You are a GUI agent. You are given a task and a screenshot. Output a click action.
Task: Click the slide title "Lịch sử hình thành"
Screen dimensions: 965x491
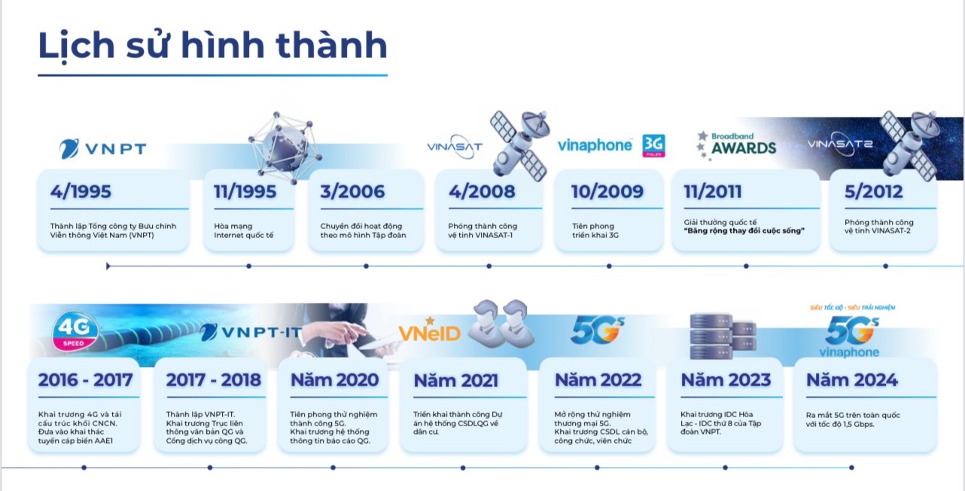[212, 46]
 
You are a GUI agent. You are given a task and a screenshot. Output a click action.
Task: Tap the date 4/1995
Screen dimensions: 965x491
[81, 191]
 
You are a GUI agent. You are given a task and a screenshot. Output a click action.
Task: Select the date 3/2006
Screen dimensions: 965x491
[352, 191]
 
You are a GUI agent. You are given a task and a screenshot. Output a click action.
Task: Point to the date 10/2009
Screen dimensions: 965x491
[607, 191]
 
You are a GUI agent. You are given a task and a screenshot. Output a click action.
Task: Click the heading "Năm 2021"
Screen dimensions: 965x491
[456, 380]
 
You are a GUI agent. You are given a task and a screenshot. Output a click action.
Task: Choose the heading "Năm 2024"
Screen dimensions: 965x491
[851, 380]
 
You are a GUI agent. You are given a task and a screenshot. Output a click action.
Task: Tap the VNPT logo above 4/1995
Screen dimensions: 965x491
[102, 148]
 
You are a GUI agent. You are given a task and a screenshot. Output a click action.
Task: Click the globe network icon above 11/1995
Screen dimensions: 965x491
[285, 147]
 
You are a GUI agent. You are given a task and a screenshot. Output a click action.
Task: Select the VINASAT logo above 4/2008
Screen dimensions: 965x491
[455, 148]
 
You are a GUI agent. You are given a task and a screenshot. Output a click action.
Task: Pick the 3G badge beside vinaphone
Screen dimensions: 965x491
[653, 145]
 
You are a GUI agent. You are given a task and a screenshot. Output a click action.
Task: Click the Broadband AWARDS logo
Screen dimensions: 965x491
[737, 145]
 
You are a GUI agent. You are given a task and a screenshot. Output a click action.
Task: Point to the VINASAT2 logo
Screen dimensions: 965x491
[839, 144]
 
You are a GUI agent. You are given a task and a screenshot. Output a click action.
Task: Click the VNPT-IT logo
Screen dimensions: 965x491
[251, 332]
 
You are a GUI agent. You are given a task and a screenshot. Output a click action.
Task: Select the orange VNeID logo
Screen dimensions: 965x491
[429, 331]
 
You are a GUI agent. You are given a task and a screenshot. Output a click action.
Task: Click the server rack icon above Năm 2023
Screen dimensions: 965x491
[723, 337]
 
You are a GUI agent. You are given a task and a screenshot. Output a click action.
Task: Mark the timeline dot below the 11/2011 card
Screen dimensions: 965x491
[746, 267]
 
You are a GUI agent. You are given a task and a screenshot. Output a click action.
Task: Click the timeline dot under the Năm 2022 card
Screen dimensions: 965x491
[597, 468]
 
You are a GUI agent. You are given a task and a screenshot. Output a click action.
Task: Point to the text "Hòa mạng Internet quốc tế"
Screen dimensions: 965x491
[243, 230]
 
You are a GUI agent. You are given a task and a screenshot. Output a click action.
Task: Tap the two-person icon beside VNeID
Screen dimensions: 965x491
[500, 324]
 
